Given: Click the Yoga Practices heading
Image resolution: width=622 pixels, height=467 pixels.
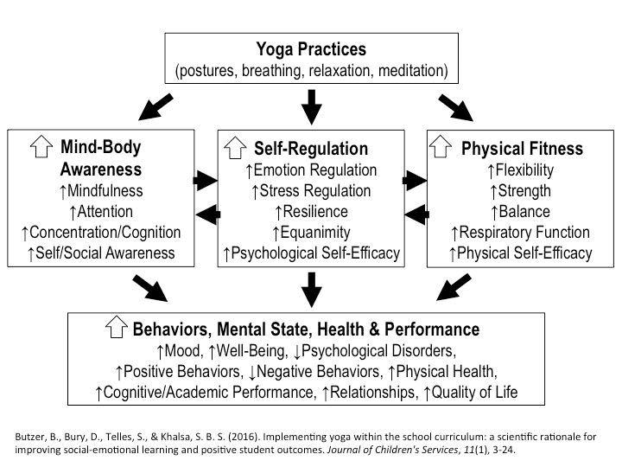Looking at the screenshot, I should click(310, 48).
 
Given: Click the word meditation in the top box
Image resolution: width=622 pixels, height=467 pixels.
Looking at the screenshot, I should click(408, 70).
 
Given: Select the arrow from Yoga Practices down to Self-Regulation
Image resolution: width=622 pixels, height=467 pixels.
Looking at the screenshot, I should click(311, 106).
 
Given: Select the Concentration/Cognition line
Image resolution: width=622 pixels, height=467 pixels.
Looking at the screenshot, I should click(102, 233).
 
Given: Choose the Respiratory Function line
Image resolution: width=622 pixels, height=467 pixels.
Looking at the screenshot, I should click(519, 233).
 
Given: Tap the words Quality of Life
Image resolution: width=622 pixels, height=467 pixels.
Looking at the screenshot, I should click(475, 393).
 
